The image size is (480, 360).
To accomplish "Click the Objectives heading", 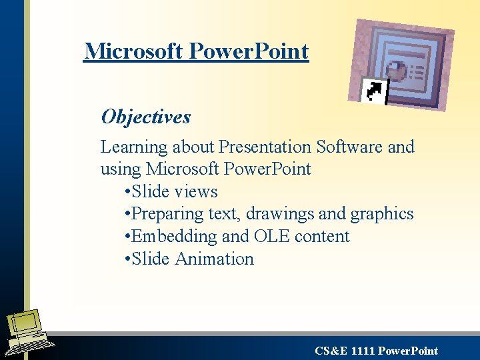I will click(146, 117).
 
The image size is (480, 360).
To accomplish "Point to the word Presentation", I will click(265, 147).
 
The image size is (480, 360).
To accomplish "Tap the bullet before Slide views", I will click(127, 192).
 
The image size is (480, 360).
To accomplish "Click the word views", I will click(196, 192).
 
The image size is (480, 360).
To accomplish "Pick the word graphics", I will click(382, 214).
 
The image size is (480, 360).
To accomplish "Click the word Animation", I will click(214, 259).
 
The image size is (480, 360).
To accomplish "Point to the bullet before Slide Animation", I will click(127, 259).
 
